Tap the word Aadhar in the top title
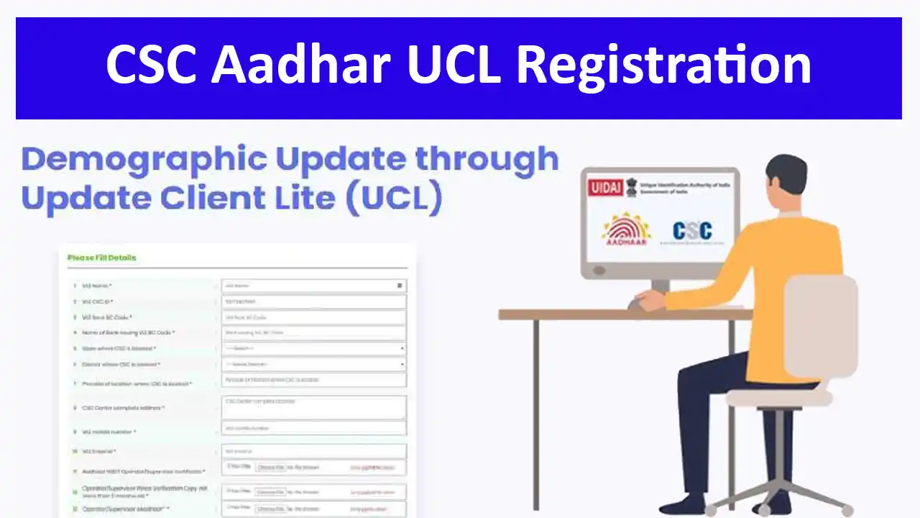point(301,65)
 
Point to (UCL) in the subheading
point(394,199)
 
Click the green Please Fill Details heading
point(101,258)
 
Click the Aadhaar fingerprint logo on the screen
point(626,230)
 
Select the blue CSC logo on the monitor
point(691,230)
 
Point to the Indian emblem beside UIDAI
point(632,184)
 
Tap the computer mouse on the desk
point(637,303)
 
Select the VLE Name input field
point(313,286)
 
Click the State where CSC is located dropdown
point(313,348)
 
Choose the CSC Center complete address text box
point(313,406)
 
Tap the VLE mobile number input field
point(313,429)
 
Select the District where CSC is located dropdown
point(313,364)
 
